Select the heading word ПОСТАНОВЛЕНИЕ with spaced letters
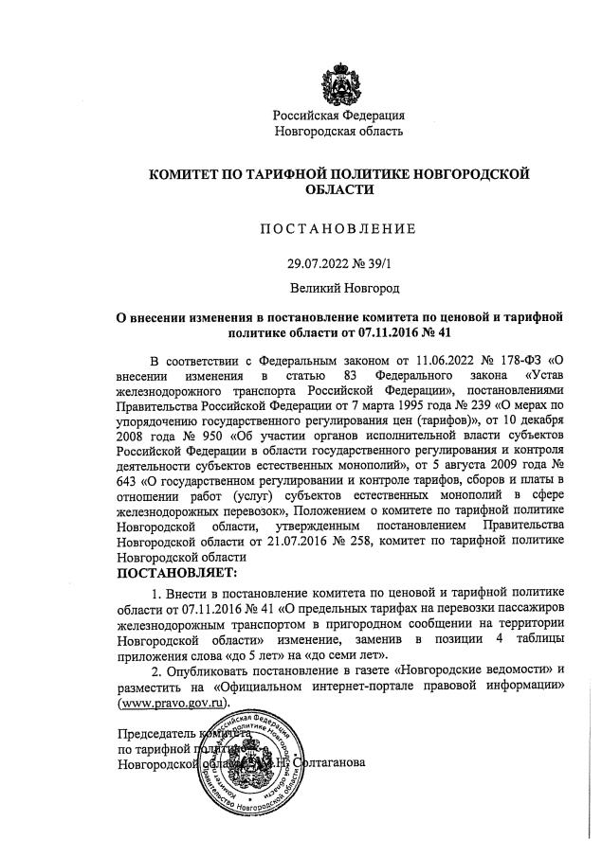point(338,228)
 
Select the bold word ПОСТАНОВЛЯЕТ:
point(179,573)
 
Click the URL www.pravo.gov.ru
point(173,704)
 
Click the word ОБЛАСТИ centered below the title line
point(338,189)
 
